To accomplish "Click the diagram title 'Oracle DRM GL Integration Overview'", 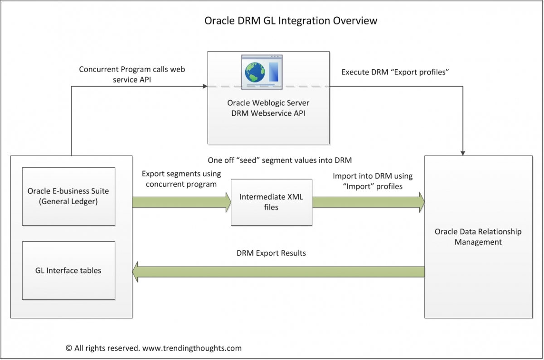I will [291, 21].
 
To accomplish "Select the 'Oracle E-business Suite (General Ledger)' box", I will [68, 196].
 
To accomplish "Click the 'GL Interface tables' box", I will [68, 271].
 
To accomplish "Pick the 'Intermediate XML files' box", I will [271, 202].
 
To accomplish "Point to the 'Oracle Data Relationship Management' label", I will [478, 237].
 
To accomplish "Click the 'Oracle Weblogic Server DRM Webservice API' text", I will [268, 108].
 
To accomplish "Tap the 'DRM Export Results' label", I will [271, 253].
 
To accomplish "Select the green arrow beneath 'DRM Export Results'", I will [277, 272].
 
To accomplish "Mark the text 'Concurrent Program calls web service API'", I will [132, 74].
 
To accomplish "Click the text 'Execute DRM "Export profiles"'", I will [395, 72].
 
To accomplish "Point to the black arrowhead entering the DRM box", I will [462, 152].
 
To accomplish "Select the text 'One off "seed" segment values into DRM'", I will [280, 160].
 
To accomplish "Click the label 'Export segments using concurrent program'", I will [181, 179].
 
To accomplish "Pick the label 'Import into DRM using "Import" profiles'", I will [373, 181].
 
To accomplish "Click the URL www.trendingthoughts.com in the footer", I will [192, 348].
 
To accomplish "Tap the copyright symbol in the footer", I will [69, 348].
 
